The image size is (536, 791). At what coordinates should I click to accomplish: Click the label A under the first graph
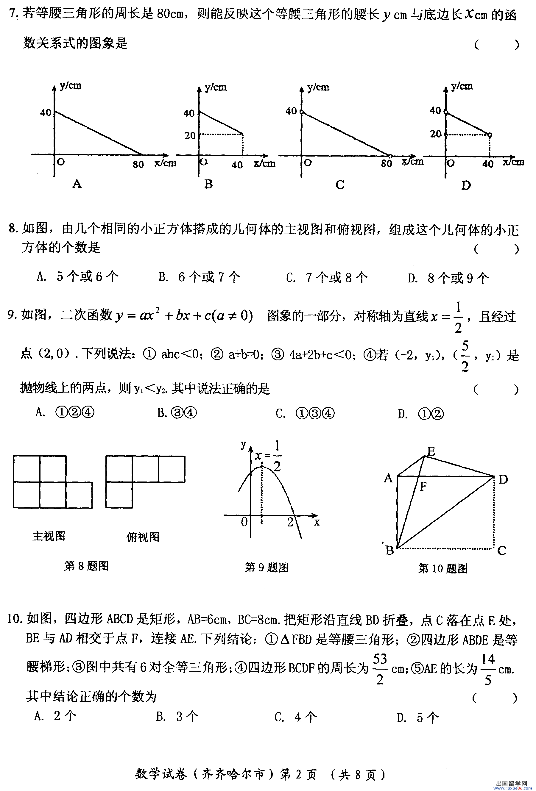click(x=77, y=184)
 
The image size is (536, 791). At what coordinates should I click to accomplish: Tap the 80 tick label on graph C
click(x=386, y=164)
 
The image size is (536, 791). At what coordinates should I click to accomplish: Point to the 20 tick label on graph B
click(x=190, y=135)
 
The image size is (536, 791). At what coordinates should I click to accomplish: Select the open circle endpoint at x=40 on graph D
click(x=490, y=135)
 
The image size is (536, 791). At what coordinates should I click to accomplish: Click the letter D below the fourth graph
click(x=465, y=185)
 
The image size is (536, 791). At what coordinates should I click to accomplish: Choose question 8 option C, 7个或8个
click(x=327, y=278)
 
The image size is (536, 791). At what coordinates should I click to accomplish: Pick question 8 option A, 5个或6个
click(x=78, y=276)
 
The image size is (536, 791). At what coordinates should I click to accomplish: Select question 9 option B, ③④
click(x=177, y=413)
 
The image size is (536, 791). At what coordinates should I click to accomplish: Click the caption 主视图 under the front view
click(x=49, y=536)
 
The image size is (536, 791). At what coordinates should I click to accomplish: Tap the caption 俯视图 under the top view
click(x=143, y=537)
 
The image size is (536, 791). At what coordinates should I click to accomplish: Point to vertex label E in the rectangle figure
click(x=431, y=452)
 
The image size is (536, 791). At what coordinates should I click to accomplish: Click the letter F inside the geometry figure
click(x=423, y=487)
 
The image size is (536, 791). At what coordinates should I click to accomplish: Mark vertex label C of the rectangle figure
click(x=501, y=550)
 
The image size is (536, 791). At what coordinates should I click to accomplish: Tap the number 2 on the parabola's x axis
click(x=290, y=522)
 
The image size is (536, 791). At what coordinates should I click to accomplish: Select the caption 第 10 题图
click(x=443, y=568)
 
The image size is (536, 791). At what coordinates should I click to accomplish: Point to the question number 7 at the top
click(x=13, y=14)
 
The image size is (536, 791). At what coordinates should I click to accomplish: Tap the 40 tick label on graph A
click(x=45, y=113)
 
